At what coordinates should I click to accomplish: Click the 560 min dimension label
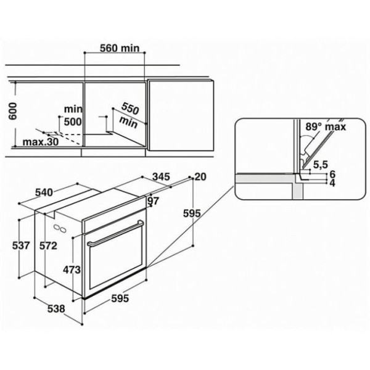[120, 48]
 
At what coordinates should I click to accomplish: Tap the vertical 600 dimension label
[12, 111]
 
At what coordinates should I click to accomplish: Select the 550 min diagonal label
[129, 116]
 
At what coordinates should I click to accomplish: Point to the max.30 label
[41, 142]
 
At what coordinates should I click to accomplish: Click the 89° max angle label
[326, 126]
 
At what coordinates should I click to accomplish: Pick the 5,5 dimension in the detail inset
[321, 165]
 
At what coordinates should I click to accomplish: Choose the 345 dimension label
[161, 176]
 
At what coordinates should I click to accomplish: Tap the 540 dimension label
[44, 192]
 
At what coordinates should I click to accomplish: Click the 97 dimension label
[154, 201]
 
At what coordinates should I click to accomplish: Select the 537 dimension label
[21, 245]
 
